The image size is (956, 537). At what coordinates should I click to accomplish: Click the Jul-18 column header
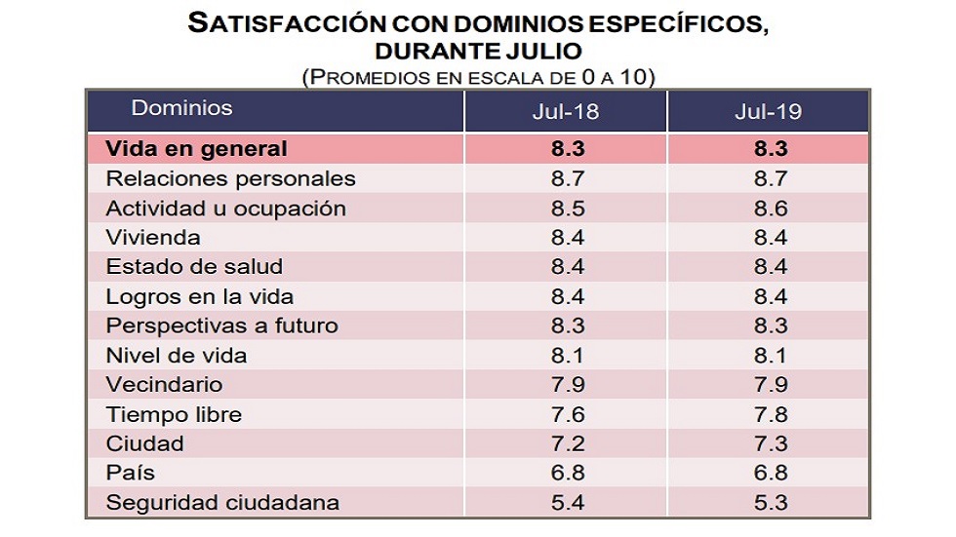point(565,112)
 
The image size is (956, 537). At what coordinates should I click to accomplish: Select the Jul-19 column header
point(768,112)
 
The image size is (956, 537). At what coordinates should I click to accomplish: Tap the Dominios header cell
point(182,108)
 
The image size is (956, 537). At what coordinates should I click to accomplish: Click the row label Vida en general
point(196,149)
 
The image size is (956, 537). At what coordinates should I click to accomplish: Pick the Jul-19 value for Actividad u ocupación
point(768,209)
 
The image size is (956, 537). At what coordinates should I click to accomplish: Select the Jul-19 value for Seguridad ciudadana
point(768,504)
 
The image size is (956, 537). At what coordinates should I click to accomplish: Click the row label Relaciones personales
point(230,179)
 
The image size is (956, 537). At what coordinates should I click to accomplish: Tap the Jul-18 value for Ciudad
point(565,444)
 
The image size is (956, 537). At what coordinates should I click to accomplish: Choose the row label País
point(131,474)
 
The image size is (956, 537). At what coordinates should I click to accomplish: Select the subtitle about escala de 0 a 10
point(477,76)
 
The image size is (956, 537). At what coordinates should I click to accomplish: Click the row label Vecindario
point(164,385)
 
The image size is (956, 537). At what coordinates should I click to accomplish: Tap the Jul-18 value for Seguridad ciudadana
point(565,504)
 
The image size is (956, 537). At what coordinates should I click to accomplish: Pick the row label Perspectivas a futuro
point(221,326)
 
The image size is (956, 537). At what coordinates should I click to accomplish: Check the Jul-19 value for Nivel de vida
point(768,356)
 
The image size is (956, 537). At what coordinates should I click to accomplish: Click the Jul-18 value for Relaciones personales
point(565,179)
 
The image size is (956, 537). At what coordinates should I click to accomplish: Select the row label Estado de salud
point(194,267)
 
